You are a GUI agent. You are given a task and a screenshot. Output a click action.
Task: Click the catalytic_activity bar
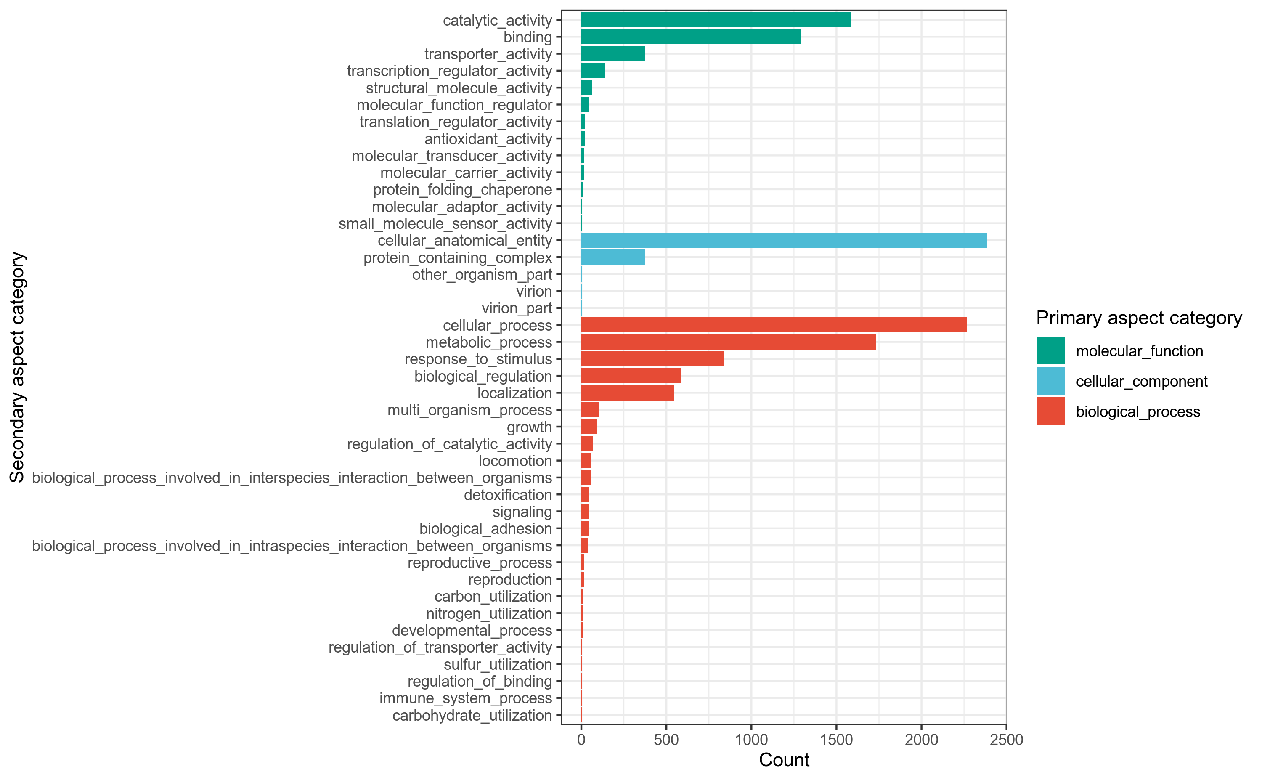(x=716, y=20)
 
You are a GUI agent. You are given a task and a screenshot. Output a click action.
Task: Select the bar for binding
(x=691, y=37)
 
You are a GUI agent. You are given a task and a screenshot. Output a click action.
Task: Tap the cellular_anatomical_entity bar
(x=784, y=240)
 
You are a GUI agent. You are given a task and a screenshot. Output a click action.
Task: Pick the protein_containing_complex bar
(x=612, y=257)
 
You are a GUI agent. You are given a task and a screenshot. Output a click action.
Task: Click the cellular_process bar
(x=774, y=325)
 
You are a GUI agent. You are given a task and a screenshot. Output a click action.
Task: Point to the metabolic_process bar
(x=728, y=342)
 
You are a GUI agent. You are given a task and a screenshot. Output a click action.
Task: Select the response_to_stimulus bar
(x=652, y=359)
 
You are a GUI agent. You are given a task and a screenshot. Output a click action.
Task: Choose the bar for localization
(x=627, y=393)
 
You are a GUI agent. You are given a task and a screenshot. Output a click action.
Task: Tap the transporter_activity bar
(x=612, y=54)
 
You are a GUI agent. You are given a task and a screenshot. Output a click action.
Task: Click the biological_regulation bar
(x=631, y=376)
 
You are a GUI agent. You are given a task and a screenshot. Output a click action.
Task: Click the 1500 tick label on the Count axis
(x=836, y=740)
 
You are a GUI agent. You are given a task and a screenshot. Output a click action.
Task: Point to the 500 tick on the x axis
(x=666, y=740)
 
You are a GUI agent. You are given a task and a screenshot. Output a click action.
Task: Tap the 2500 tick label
(x=1006, y=740)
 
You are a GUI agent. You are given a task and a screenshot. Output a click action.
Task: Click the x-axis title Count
(x=784, y=760)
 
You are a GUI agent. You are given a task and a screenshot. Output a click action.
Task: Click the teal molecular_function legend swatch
(x=1051, y=351)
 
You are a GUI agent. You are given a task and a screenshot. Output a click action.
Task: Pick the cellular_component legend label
(x=1141, y=381)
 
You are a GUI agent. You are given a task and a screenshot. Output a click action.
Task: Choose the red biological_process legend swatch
(x=1051, y=411)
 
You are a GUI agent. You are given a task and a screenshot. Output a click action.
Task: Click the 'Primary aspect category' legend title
(x=1139, y=318)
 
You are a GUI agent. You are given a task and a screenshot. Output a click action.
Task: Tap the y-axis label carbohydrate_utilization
(x=472, y=716)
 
